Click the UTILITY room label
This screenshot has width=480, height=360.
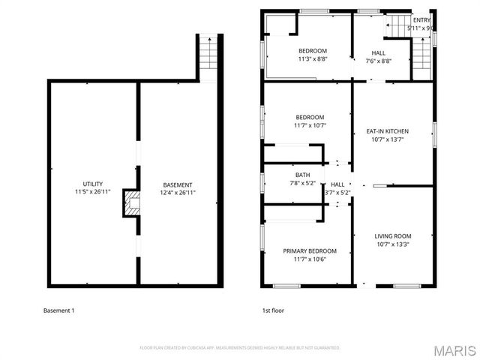[x=93, y=184]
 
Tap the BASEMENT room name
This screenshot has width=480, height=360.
[x=178, y=184]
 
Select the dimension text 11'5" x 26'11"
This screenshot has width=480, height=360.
[x=93, y=192]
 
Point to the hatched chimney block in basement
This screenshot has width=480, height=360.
[x=133, y=203]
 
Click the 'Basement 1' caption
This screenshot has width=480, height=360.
[x=59, y=310]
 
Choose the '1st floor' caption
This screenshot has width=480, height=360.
[x=272, y=310]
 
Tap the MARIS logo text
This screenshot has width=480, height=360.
[x=454, y=349]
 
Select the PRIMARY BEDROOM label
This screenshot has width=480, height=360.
[x=309, y=251]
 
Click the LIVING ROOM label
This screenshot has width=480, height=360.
[x=393, y=236]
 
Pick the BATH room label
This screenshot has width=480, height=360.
[x=301, y=175]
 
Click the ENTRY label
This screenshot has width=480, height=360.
[x=421, y=20]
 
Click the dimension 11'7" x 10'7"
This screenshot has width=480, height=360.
[x=309, y=126]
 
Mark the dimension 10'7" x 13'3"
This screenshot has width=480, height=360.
[x=393, y=244]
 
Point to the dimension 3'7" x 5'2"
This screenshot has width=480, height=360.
[x=337, y=192]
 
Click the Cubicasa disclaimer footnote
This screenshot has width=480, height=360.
[x=240, y=348]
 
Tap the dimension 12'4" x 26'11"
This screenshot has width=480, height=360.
[x=178, y=193]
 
